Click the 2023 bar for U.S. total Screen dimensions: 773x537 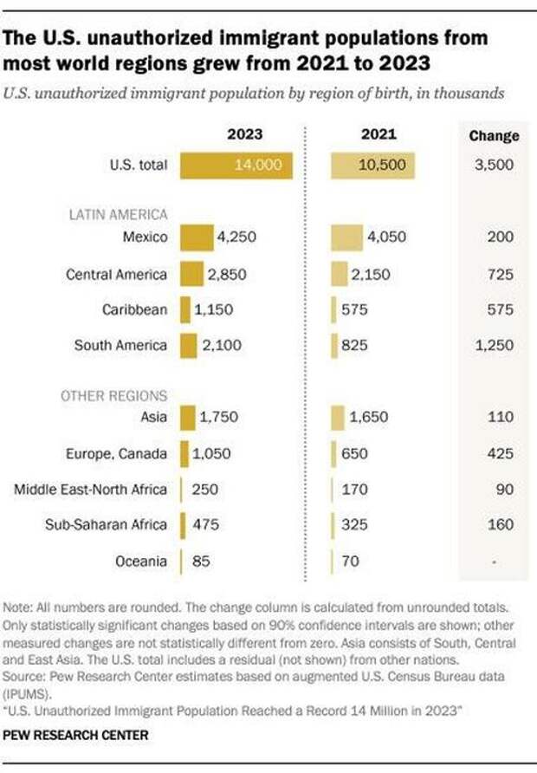(x=236, y=166)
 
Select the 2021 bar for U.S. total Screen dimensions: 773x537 (x=373, y=166)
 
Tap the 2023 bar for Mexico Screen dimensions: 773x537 (x=197, y=237)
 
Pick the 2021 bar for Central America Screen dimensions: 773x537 (x=340, y=274)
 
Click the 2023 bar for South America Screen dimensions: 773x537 (x=189, y=345)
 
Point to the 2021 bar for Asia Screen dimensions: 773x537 (x=338, y=418)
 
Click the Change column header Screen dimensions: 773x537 (x=494, y=135)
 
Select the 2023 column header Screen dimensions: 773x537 (x=245, y=135)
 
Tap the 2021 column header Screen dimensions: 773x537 (x=378, y=135)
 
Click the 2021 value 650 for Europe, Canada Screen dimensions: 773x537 (x=354, y=453)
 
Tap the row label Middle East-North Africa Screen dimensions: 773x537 (x=90, y=489)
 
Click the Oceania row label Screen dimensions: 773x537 (x=141, y=561)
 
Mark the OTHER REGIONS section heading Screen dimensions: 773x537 (x=113, y=395)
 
